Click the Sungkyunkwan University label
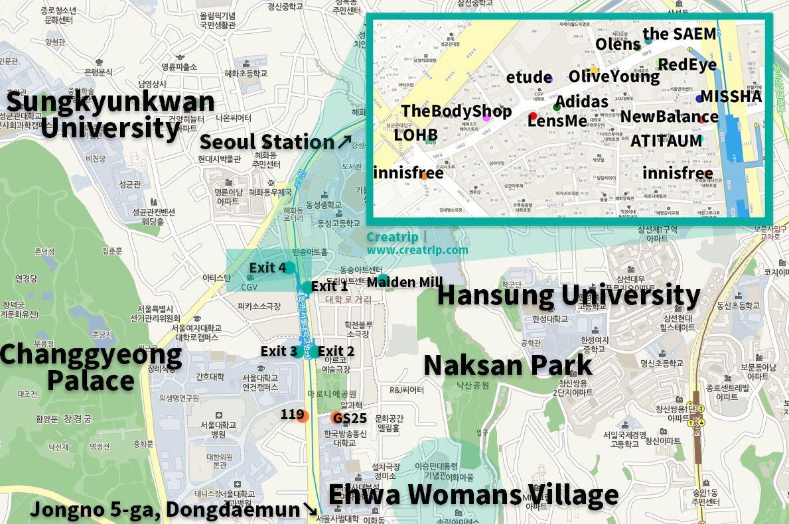(x=110, y=114)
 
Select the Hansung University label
(x=568, y=295)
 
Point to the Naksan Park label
(x=508, y=365)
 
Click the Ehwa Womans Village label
(x=473, y=495)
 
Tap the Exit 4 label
(x=267, y=268)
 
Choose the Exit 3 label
(x=279, y=352)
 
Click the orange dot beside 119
(x=303, y=417)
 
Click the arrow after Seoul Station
(x=344, y=141)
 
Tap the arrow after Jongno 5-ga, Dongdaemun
(x=310, y=509)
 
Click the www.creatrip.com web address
(x=417, y=250)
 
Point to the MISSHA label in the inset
(x=731, y=97)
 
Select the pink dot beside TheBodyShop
(x=486, y=117)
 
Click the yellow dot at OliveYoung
(x=594, y=70)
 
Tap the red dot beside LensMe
(x=534, y=117)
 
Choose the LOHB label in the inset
(x=415, y=135)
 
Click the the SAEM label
(x=680, y=34)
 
